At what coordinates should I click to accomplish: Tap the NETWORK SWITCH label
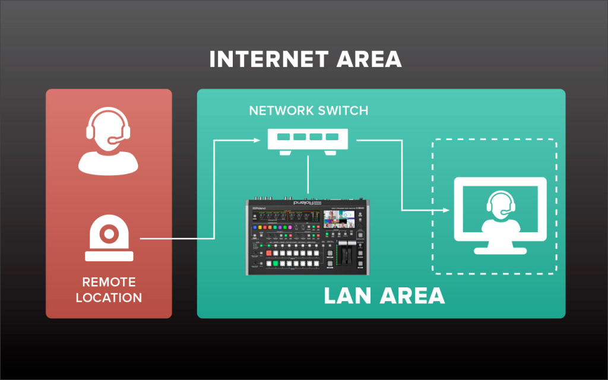pyautogui.click(x=309, y=110)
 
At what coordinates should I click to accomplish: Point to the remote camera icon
pyautogui.click(x=109, y=237)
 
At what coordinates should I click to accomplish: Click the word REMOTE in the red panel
pyautogui.click(x=109, y=282)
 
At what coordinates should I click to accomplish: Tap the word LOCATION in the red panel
pyautogui.click(x=109, y=297)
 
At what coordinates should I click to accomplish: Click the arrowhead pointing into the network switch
pyautogui.click(x=257, y=141)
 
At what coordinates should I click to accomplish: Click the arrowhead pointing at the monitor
pyautogui.click(x=446, y=210)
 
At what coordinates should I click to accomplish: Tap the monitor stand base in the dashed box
pyautogui.click(x=500, y=250)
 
